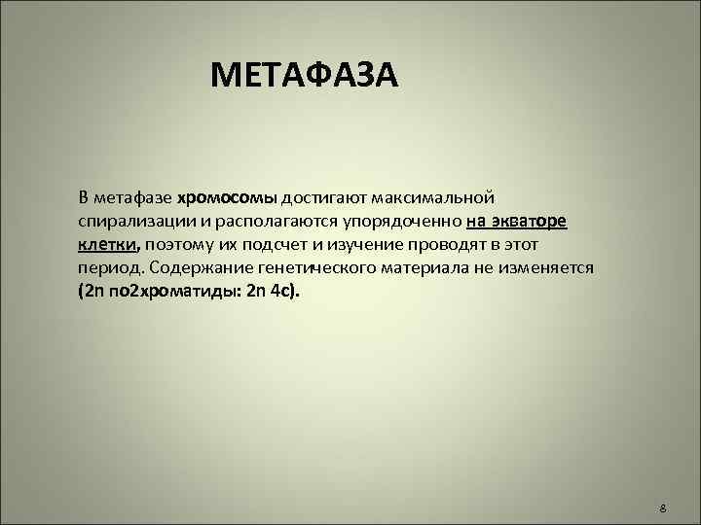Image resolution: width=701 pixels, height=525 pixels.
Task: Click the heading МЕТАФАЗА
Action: pyautogui.click(x=304, y=76)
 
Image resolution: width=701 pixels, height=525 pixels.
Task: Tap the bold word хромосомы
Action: pyautogui.click(x=228, y=197)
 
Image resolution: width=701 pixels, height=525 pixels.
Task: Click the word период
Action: pyautogui.click(x=108, y=267)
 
